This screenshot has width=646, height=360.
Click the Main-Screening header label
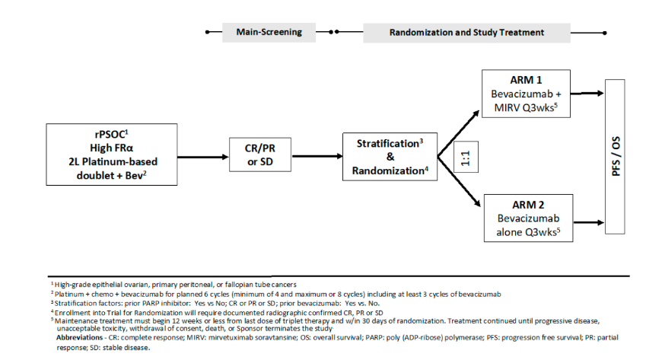[x=269, y=32]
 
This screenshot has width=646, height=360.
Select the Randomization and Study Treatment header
[x=466, y=33]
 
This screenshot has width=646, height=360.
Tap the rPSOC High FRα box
[x=112, y=155]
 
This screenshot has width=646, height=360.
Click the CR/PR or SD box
[x=260, y=155]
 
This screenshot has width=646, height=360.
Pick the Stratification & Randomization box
[x=390, y=157]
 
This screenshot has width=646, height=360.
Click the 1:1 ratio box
[x=466, y=157]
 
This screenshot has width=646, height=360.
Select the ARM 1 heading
[x=526, y=80]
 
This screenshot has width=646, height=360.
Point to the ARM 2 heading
[x=528, y=205]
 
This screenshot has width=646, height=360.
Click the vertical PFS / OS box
[x=615, y=157]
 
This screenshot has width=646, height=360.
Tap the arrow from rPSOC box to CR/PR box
[x=203, y=157]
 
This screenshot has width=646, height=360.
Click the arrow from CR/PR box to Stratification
[x=317, y=157]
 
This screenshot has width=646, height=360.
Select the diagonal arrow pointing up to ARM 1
[x=459, y=133]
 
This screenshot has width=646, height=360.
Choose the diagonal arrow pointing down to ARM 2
[x=459, y=181]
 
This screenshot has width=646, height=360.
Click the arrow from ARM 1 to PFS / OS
[x=587, y=94]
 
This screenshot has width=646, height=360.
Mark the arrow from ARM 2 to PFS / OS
[x=589, y=223]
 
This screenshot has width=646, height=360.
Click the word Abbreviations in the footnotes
[x=80, y=338]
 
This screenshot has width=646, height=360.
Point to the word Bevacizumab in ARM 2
[x=528, y=218]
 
